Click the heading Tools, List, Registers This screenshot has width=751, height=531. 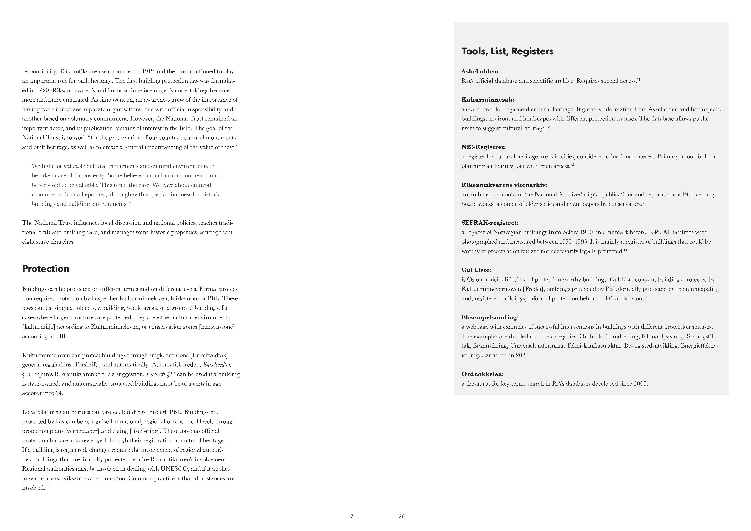point(507,51)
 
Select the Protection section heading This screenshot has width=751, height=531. point(46,269)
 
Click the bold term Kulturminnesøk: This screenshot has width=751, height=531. point(488,100)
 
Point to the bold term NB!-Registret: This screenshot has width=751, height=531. point(484,147)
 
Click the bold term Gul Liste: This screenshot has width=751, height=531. point(476,270)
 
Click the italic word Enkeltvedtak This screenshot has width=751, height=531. point(217,365)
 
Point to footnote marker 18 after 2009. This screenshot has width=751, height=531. point(650,382)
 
